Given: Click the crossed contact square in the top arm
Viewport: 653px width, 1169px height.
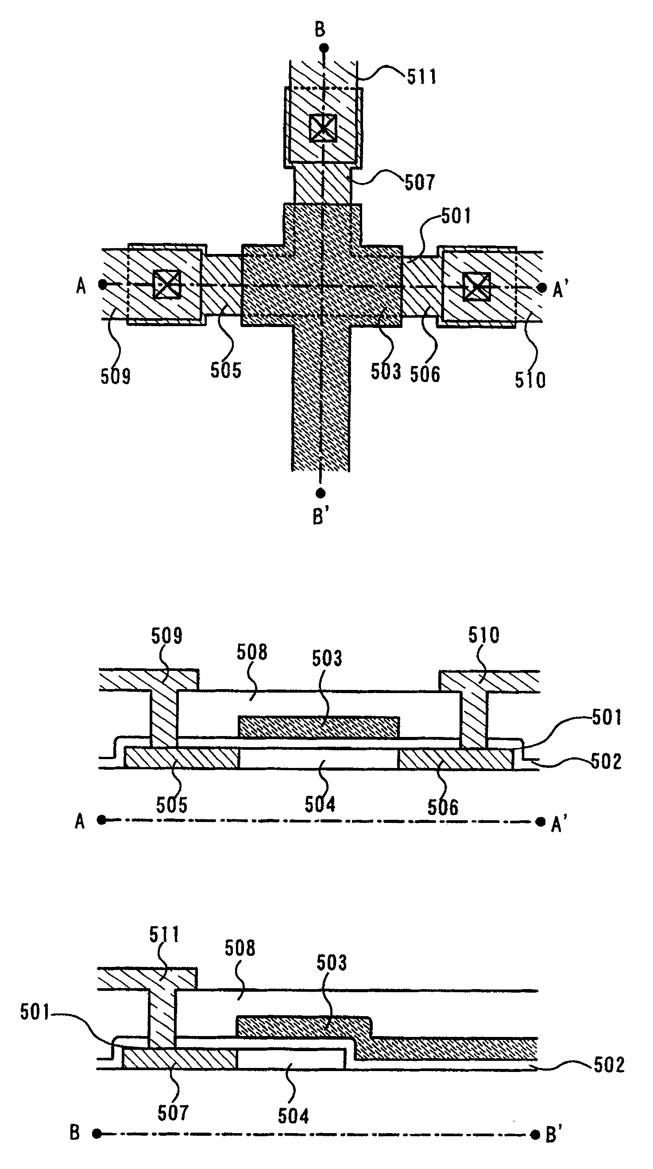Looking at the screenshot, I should pyautogui.click(x=323, y=128).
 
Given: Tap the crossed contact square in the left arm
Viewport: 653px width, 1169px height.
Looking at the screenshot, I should pyautogui.click(x=167, y=285).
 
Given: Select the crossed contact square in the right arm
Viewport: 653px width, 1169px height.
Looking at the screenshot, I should pyautogui.click(x=477, y=287).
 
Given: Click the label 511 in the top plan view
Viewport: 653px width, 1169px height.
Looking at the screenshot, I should pyautogui.click(x=421, y=76).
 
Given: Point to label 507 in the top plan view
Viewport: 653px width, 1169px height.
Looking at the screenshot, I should pyautogui.click(x=419, y=183).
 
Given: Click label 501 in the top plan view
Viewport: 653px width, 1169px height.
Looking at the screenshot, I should pyautogui.click(x=456, y=216).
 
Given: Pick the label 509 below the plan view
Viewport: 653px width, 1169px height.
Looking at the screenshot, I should pyautogui.click(x=115, y=376).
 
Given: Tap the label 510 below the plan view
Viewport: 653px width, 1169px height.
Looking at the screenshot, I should pyautogui.click(x=529, y=379).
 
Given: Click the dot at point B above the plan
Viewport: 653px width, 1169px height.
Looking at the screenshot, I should pyautogui.click(x=323, y=48).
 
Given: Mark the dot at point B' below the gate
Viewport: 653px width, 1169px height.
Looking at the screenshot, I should pyautogui.click(x=321, y=492).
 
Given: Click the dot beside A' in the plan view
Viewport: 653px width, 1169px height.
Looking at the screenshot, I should pyautogui.click(x=541, y=288).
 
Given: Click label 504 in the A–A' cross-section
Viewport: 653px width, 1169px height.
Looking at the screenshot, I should pyautogui.click(x=320, y=804).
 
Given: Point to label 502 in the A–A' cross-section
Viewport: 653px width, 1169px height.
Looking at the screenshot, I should pyautogui.click(x=606, y=761).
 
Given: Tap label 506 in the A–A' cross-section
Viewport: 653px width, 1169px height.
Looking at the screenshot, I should pyautogui.click(x=443, y=807).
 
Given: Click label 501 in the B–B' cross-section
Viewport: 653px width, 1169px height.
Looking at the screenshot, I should pyautogui.click(x=35, y=1012).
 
